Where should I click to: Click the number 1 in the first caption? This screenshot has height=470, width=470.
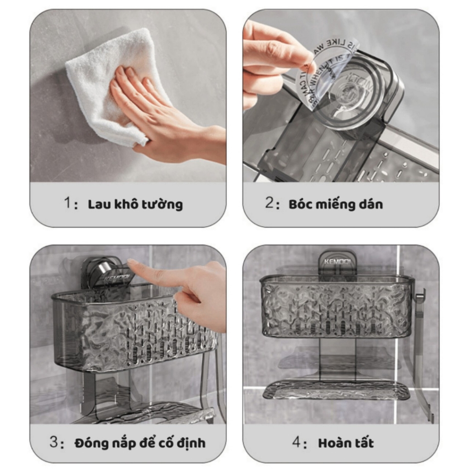point(67,203)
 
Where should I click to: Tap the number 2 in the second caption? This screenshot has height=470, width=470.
point(269,203)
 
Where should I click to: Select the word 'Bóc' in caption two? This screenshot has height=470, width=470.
point(299,204)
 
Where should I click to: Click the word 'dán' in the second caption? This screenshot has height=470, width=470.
point(370,204)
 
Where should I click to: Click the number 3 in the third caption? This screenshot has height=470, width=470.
point(54,442)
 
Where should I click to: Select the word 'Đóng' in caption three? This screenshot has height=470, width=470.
point(89,443)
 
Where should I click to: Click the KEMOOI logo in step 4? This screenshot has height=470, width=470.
point(337,262)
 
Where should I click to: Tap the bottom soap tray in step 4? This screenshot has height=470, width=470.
point(336,390)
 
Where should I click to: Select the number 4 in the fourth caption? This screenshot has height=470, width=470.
point(297,442)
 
